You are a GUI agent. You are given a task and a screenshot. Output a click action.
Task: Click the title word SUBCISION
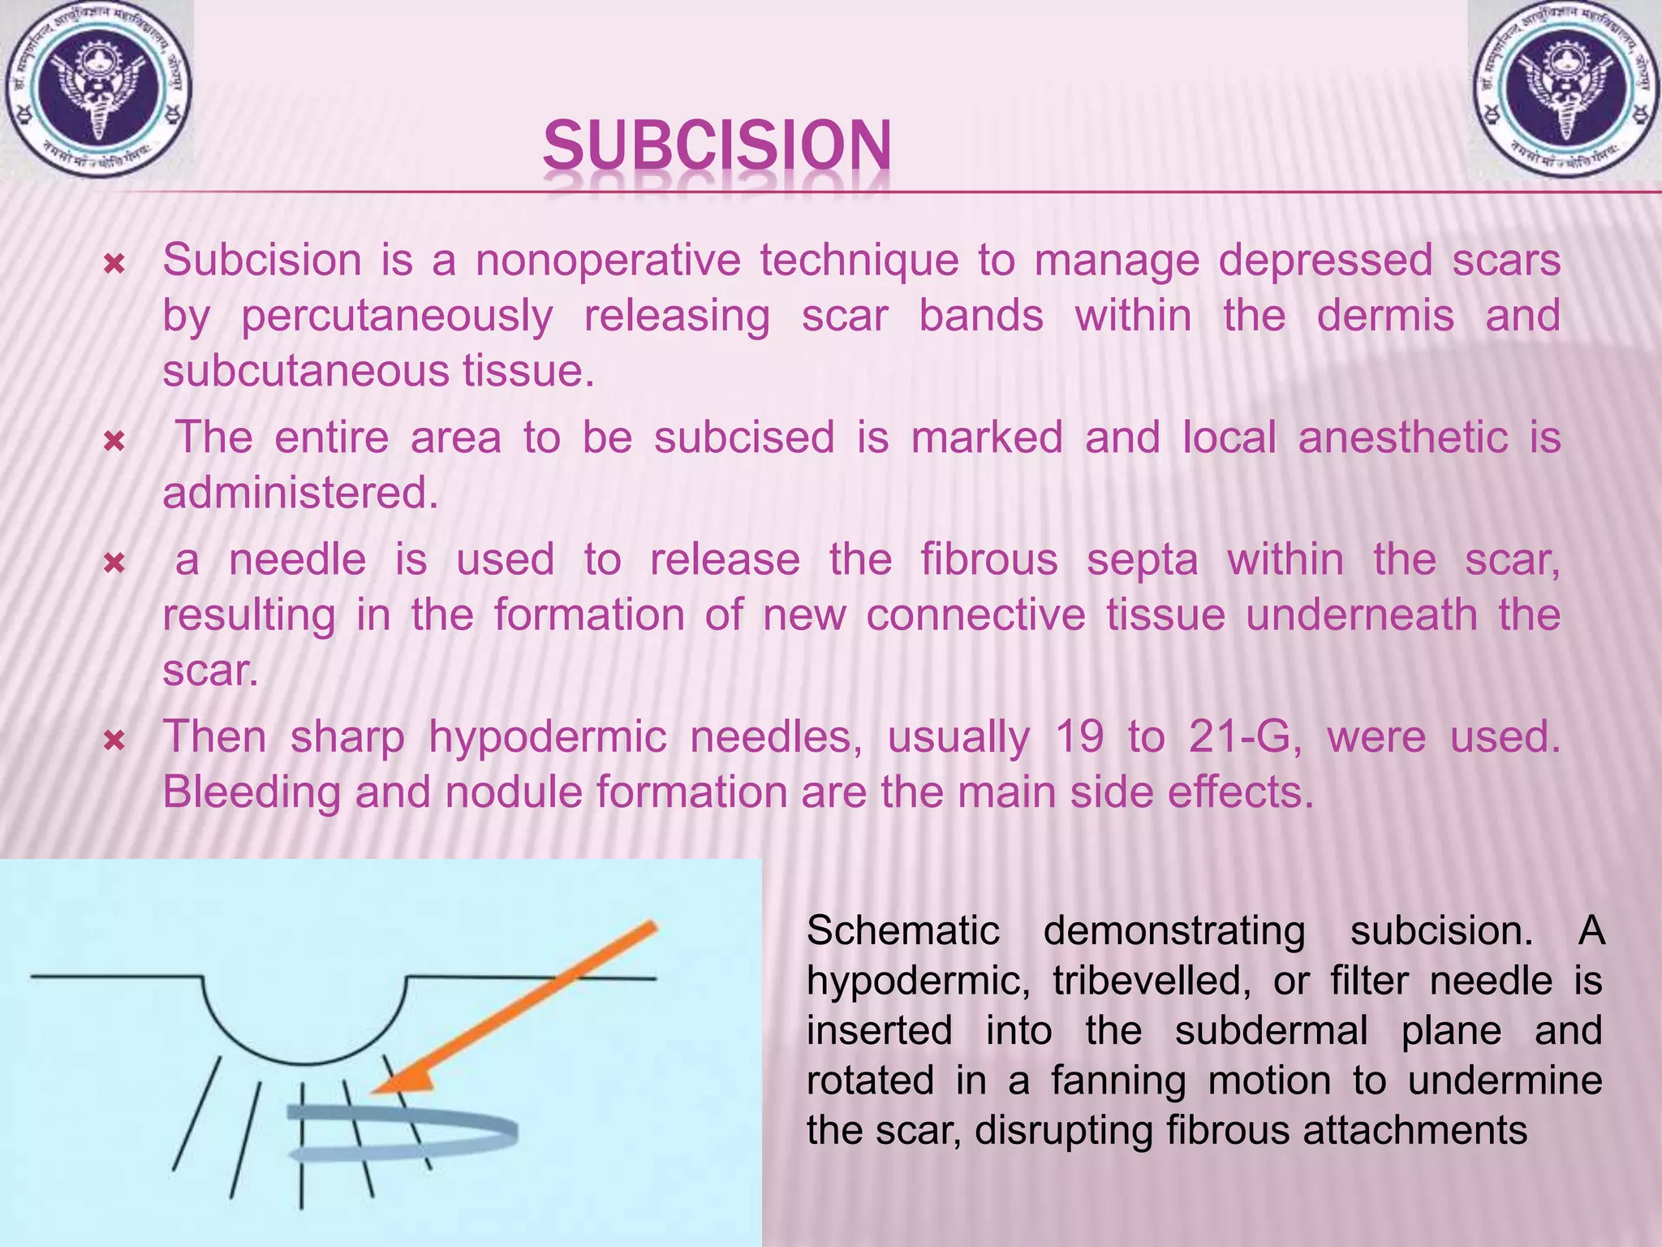point(717,146)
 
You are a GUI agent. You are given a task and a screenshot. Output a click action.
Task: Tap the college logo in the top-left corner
point(97,89)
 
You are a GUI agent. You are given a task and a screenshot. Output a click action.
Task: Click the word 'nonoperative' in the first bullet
point(609,261)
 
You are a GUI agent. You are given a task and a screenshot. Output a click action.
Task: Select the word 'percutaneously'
point(398,317)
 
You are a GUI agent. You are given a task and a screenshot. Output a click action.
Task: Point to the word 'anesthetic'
point(1403,438)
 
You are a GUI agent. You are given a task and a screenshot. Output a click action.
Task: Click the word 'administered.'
point(300,493)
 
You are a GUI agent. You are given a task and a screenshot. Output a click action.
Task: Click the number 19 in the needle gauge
point(1079,737)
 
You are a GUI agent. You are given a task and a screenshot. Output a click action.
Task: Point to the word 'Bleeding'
point(252,793)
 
